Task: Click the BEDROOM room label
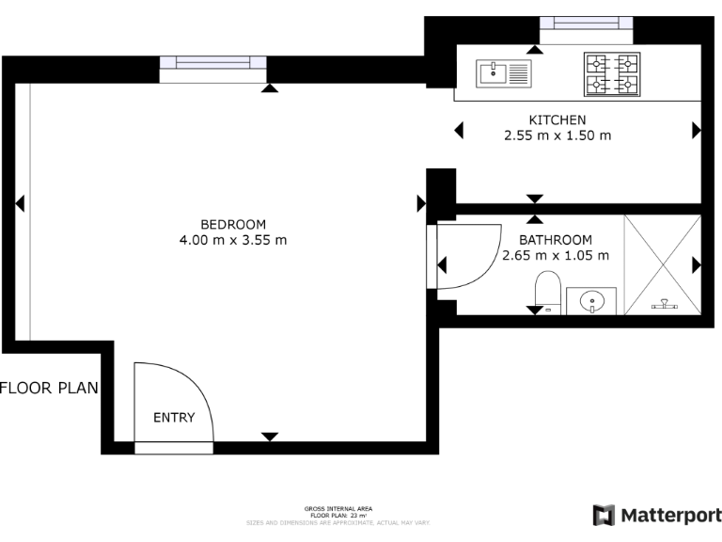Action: click(233, 224)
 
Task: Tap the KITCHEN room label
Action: click(557, 120)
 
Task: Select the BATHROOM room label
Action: click(556, 240)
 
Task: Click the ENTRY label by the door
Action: click(174, 418)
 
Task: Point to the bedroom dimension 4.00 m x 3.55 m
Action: click(233, 240)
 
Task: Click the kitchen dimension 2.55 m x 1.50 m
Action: click(557, 135)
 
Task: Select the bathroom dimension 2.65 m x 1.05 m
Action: click(556, 255)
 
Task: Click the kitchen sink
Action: click(503, 71)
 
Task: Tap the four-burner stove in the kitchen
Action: click(612, 73)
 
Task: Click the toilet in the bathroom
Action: click(547, 290)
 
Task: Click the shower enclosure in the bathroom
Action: click(662, 263)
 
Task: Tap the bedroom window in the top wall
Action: click(212, 63)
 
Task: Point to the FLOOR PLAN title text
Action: click(49, 388)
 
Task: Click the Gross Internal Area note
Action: click(338, 511)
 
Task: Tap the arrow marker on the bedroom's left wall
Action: click(19, 203)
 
